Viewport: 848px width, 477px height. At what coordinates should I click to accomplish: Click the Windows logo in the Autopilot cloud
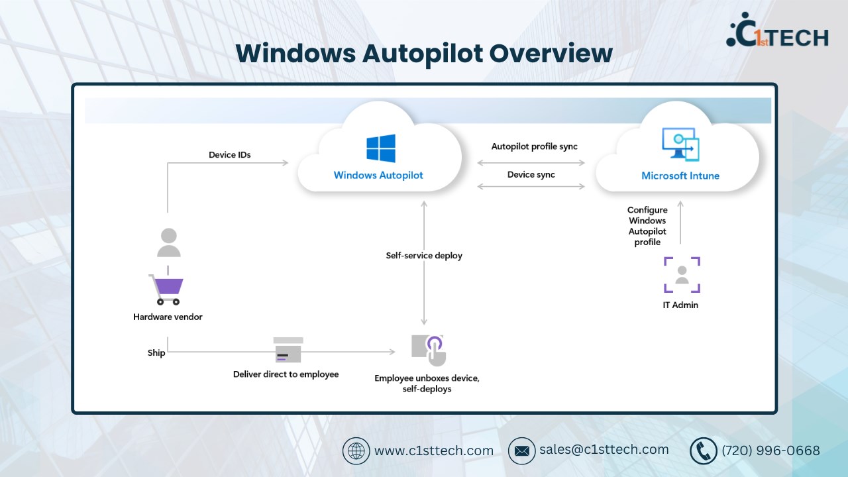tap(381, 148)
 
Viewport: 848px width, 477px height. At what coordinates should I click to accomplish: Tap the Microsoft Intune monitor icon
tap(680, 144)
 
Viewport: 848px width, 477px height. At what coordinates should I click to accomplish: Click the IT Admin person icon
tap(682, 275)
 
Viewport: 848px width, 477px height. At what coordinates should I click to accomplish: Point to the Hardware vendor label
tap(168, 317)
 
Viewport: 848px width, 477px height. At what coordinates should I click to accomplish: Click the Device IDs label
tap(230, 155)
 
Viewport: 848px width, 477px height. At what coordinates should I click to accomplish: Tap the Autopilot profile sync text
tap(535, 146)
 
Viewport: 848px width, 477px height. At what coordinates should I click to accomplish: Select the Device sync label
tap(531, 174)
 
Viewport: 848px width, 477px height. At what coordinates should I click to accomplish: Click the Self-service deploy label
tap(424, 255)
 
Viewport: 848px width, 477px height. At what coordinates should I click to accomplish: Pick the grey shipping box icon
tap(288, 350)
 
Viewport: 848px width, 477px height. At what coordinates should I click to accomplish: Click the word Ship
tap(156, 353)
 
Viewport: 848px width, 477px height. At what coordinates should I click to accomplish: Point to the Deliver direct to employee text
tap(286, 374)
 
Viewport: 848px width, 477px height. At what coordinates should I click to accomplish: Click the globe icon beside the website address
tap(356, 451)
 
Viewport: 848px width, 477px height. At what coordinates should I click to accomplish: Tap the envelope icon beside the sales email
tap(521, 451)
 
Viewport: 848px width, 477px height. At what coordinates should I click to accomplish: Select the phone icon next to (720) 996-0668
tap(703, 451)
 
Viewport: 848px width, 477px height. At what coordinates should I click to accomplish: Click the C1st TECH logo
tap(777, 32)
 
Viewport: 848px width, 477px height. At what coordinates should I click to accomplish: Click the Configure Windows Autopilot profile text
tap(647, 226)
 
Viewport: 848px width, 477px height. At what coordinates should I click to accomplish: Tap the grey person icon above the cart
tap(168, 242)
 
